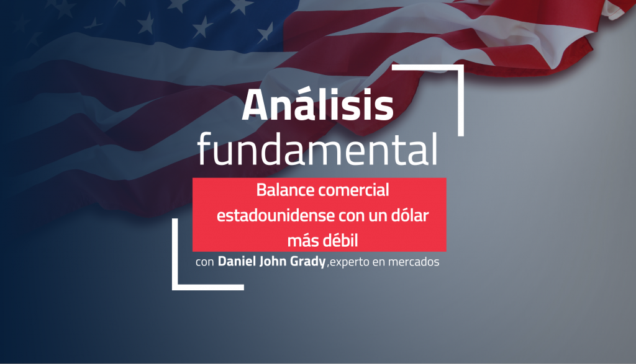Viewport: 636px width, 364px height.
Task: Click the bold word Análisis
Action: (x=317, y=105)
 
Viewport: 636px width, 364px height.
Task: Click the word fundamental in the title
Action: (x=317, y=149)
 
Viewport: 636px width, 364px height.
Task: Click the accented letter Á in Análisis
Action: (x=256, y=104)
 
